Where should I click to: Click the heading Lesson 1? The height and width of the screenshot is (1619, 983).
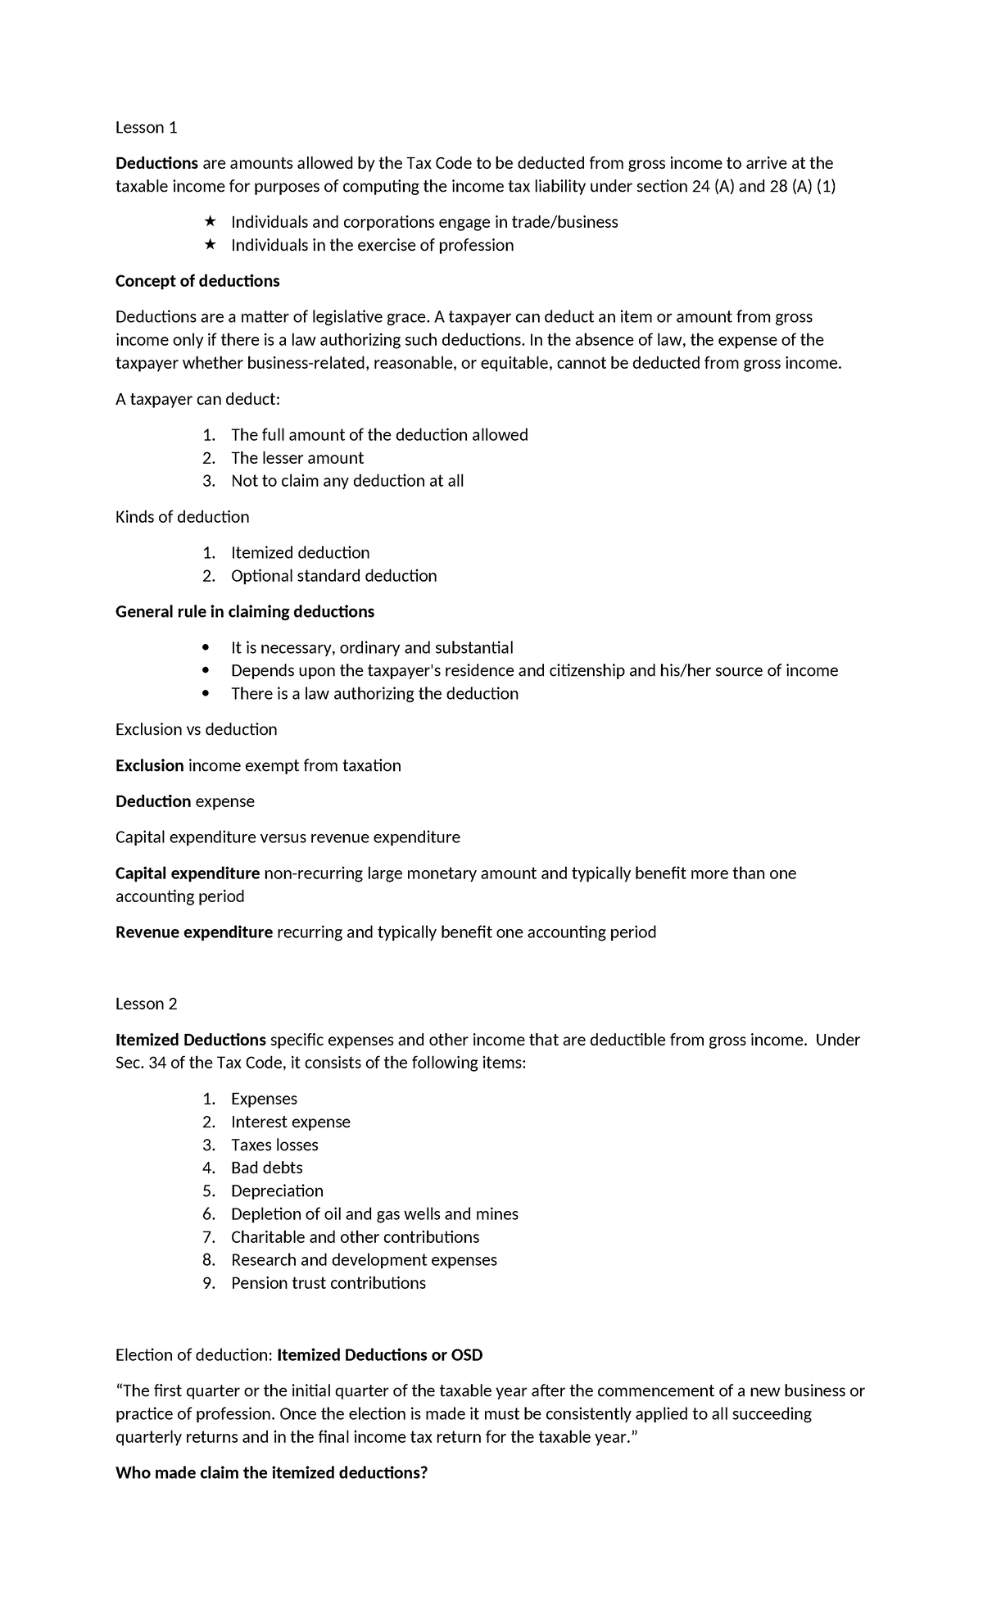pyautogui.click(x=146, y=127)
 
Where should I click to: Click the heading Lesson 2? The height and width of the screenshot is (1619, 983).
pyautogui.click(x=146, y=1004)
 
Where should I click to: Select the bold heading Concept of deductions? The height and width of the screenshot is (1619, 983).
pyautogui.click(x=197, y=281)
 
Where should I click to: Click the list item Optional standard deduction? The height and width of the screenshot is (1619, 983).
pyautogui.click(x=333, y=576)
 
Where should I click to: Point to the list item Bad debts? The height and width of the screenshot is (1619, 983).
pyautogui.click(x=266, y=1168)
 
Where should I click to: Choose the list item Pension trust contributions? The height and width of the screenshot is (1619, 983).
pyautogui.click(x=328, y=1282)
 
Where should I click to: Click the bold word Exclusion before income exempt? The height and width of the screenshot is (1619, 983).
pyautogui.click(x=150, y=765)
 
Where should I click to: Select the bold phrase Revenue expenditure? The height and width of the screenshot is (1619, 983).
pyautogui.click(x=194, y=932)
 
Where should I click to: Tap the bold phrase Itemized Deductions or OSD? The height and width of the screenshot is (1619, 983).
pyautogui.click(x=380, y=1354)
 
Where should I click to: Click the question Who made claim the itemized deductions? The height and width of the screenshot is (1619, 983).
pyautogui.click(x=272, y=1472)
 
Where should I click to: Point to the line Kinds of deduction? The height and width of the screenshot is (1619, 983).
pyautogui.click(x=182, y=517)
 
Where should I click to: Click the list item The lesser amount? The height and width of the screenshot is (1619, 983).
pyautogui.click(x=297, y=458)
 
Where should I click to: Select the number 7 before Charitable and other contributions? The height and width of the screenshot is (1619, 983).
pyautogui.click(x=209, y=1236)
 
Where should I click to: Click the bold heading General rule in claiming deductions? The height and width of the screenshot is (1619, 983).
pyautogui.click(x=245, y=611)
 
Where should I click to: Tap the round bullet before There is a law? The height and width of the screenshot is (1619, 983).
pyautogui.click(x=205, y=694)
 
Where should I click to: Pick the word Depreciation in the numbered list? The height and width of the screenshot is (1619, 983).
pyautogui.click(x=277, y=1190)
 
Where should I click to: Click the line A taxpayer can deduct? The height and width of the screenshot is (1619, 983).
pyautogui.click(x=197, y=399)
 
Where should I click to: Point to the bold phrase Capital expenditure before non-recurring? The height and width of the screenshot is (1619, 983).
pyautogui.click(x=188, y=873)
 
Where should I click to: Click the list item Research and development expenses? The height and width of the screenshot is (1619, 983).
pyautogui.click(x=364, y=1259)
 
